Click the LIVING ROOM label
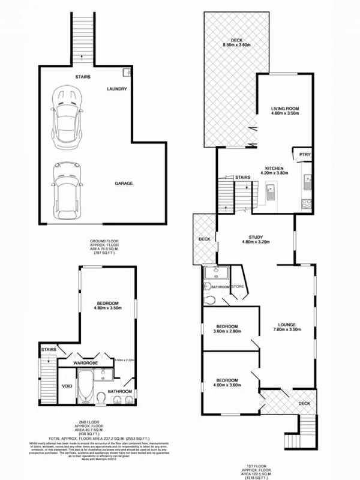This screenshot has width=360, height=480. coord(284,109)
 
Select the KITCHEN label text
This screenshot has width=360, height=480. coord(274,168)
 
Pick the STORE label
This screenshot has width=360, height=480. coord(238,287)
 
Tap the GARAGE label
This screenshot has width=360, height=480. coord(124,183)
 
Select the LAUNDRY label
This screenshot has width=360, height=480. coord(117,89)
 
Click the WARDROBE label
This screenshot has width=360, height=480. coord(86,362)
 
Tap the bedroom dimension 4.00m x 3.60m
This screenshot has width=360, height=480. coord(227,386)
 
